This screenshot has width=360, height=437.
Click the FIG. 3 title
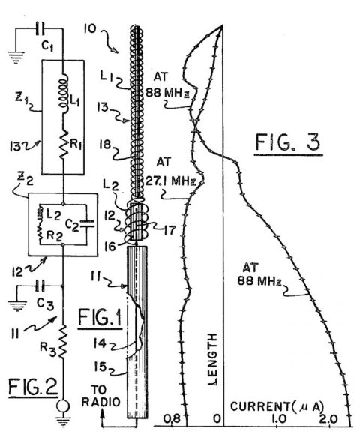288,142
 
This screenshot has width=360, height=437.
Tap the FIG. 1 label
100,318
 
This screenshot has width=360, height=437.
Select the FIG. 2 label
33,387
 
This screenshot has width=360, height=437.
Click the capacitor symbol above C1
40,28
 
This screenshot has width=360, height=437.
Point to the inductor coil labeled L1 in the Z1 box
64,93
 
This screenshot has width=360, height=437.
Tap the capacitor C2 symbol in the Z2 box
87,223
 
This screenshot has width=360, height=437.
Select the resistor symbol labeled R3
62,340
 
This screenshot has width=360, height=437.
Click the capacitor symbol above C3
40,286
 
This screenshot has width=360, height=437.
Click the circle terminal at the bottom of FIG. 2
63,406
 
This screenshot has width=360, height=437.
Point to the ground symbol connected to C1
16,58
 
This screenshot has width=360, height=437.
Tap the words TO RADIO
100,396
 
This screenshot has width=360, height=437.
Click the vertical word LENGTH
213,360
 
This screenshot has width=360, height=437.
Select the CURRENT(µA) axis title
277,406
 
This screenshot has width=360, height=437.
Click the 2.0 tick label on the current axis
328,418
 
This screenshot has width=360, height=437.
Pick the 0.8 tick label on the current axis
172,418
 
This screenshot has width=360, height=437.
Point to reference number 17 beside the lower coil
169,230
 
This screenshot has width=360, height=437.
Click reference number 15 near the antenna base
100,367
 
